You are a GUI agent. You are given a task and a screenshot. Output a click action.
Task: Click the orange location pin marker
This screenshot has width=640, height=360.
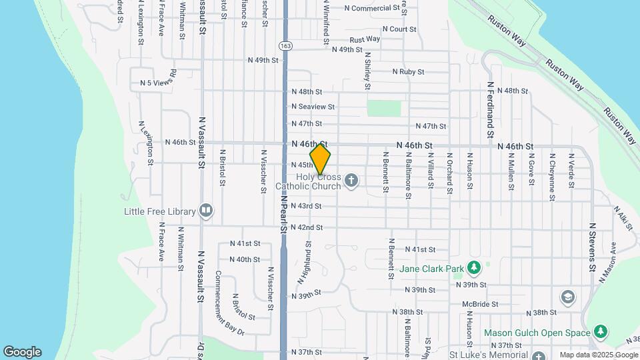(x=320, y=159)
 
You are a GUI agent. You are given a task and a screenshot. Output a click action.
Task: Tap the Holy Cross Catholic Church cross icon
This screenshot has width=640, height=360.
(x=351, y=179)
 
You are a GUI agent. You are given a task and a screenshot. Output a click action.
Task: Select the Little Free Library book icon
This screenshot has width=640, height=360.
(x=206, y=211)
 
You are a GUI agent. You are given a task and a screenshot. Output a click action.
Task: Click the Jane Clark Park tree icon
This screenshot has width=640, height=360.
(x=474, y=268)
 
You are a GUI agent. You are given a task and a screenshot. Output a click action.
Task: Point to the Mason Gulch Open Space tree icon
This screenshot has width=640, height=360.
(x=601, y=332)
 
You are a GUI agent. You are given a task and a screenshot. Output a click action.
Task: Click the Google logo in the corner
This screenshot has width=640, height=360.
(x=22, y=352)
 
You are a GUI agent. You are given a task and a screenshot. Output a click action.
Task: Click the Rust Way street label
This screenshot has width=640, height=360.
(x=365, y=39)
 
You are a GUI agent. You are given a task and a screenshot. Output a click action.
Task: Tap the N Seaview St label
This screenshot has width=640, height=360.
(x=313, y=107)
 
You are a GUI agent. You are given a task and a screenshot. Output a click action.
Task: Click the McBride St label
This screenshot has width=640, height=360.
(x=480, y=303)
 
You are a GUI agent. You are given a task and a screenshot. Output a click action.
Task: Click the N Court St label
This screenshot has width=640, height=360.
(x=399, y=29)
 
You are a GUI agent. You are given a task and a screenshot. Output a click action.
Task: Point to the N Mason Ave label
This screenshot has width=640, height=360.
(x=609, y=263)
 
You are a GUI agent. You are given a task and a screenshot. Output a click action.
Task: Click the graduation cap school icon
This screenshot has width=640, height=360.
(x=567, y=297)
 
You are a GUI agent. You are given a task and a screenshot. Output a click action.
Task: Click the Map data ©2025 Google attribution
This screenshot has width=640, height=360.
(x=599, y=355)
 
